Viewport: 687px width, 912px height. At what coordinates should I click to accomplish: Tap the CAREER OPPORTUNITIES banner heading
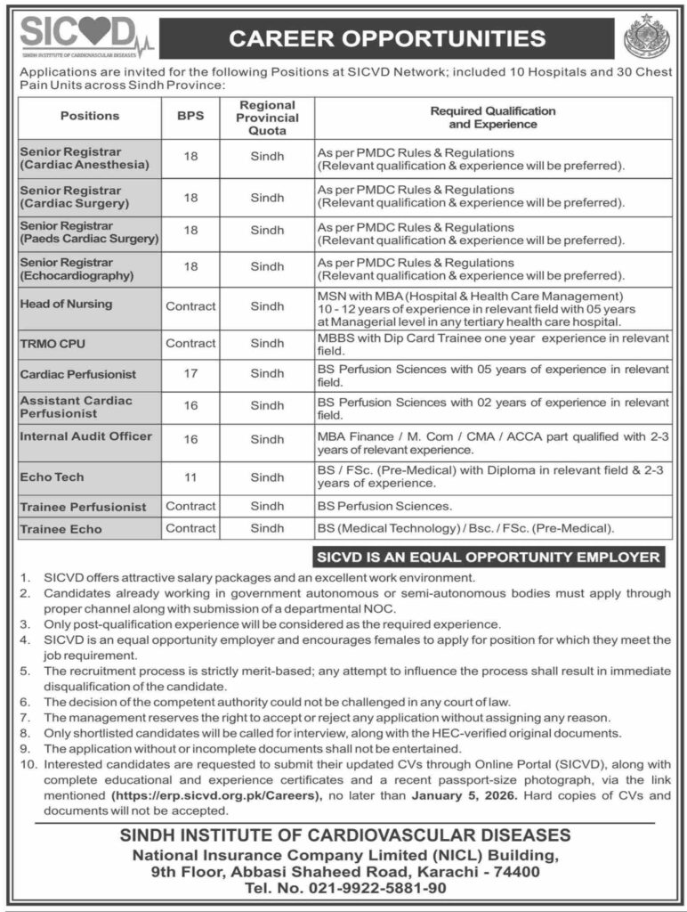click(387, 38)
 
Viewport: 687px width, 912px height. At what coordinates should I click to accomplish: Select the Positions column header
click(89, 116)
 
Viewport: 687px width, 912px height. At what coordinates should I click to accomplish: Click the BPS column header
click(190, 116)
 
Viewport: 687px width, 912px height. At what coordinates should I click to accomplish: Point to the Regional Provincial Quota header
click(267, 117)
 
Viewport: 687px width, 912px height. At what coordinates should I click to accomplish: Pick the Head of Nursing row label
click(66, 305)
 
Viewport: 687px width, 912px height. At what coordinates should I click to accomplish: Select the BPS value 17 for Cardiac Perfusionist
click(190, 374)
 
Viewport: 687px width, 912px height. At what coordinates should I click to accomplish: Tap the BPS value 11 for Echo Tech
click(190, 477)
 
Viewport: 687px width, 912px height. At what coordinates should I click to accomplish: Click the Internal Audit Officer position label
click(85, 436)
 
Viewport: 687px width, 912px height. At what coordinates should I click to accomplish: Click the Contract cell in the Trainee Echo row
click(190, 528)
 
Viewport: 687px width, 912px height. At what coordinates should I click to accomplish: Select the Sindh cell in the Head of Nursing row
click(267, 305)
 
